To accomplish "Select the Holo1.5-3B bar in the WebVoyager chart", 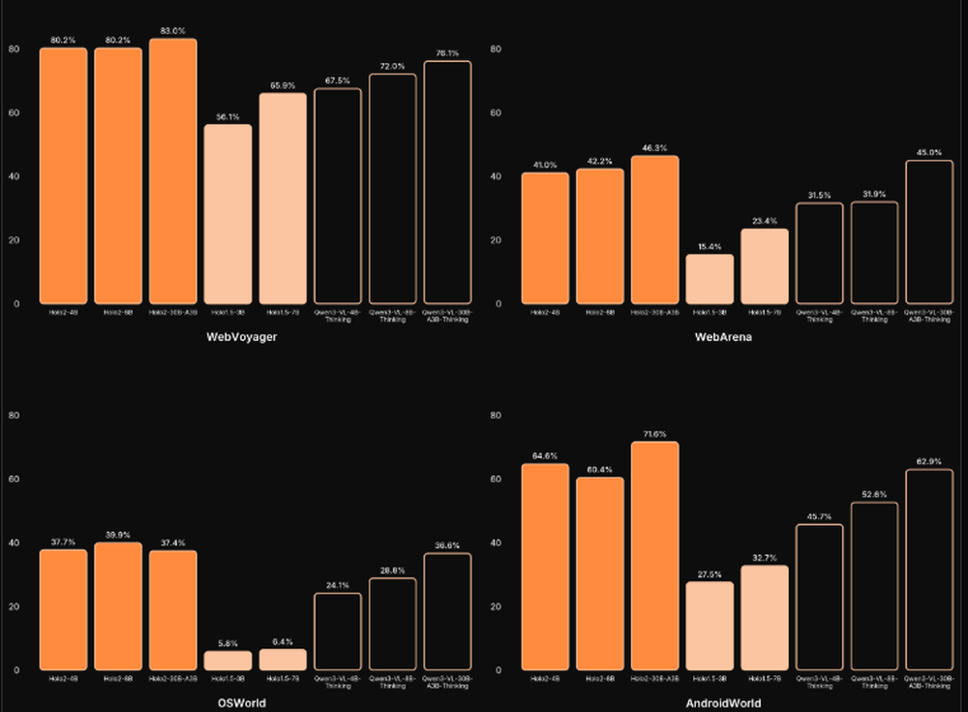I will click(x=227, y=214).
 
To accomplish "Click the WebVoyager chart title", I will click(x=240, y=337).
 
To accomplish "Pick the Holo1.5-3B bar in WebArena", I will click(x=710, y=279).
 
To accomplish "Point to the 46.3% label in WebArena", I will click(x=654, y=148).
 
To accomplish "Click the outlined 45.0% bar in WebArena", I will click(x=929, y=232).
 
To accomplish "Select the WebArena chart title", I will click(x=723, y=337).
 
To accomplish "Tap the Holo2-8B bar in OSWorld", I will click(x=118, y=606).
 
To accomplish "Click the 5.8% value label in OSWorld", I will click(x=227, y=643).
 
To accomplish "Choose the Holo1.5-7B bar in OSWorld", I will click(x=283, y=660).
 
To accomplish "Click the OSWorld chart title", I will click(x=240, y=702).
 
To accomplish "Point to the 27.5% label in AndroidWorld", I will click(x=710, y=574).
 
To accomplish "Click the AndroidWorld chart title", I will click(x=723, y=702).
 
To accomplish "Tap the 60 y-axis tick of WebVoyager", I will click(x=14, y=112).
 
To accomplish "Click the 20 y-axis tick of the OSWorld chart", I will click(x=14, y=606).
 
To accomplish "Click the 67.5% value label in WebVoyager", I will click(x=337, y=81).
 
